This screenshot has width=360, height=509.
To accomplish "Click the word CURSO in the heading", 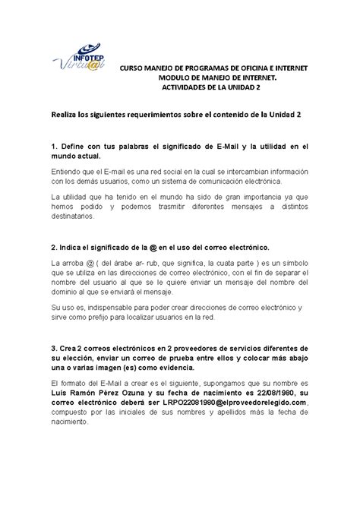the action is click(x=134, y=68).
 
